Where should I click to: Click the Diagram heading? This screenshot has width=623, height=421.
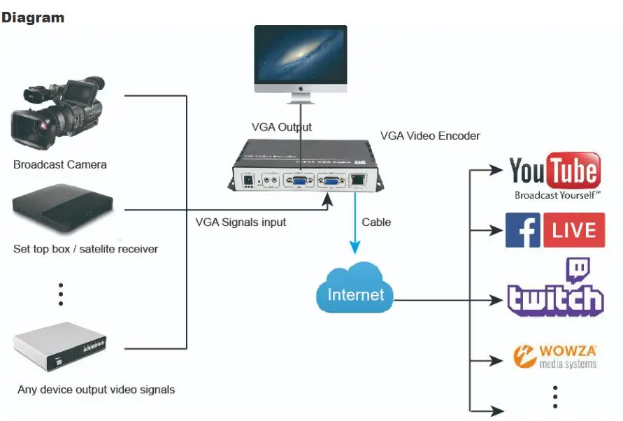[x=33, y=17]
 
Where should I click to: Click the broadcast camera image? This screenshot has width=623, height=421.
[x=58, y=115]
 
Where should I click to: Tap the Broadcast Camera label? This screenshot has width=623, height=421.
[x=60, y=165]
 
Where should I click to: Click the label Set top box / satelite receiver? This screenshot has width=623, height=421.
[x=85, y=249]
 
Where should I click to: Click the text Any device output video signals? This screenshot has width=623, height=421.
[x=96, y=389]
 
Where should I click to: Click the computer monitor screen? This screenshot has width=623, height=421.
[x=301, y=55]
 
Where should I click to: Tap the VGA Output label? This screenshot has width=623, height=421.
[x=282, y=127]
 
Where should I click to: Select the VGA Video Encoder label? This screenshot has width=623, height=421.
[x=430, y=136]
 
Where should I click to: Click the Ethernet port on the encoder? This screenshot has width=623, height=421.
[x=359, y=180]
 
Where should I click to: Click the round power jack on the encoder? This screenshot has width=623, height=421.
[x=247, y=181]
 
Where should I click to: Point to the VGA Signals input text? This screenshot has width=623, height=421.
[x=241, y=222]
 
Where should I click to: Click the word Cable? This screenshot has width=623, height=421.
[x=376, y=222]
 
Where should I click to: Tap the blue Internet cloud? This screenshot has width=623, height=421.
[x=355, y=294]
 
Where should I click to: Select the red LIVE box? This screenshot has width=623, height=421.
[x=573, y=230]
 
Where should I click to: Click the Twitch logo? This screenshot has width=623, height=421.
[x=555, y=290]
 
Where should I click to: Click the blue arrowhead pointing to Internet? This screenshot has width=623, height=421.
[x=355, y=248]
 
